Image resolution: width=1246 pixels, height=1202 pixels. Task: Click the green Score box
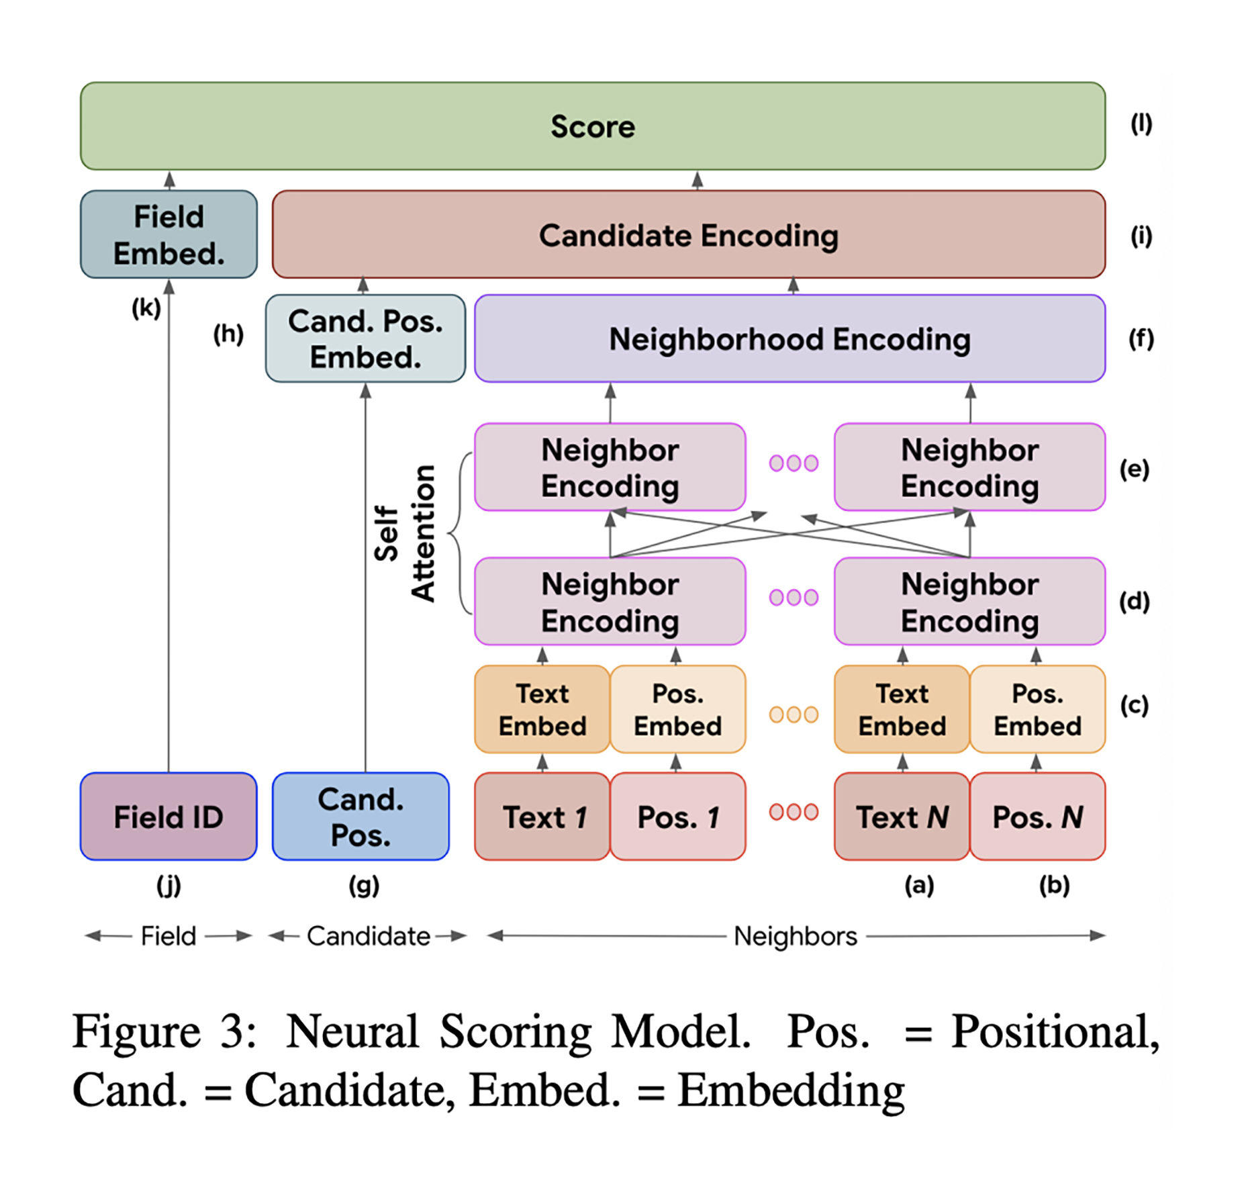click(593, 126)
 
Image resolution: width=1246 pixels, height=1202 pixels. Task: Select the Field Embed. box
click(169, 234)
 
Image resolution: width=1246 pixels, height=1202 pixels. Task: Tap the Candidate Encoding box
click(689, 234)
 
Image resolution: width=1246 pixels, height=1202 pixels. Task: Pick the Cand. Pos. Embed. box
click(365, 338)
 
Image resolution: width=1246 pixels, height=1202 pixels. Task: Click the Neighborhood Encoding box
click(790, 338)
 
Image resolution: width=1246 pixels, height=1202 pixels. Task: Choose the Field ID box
click(169, 817)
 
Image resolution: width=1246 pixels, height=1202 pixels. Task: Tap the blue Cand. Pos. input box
click(361, 817)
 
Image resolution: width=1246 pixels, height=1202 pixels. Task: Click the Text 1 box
click(542, 817)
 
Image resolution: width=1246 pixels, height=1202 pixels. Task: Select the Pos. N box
click(1038, 817)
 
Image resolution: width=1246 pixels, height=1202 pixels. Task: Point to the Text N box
click(902, 817)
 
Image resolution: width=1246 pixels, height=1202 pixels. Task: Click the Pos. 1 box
click(678, 817)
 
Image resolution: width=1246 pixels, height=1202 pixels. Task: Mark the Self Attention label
click(405, 533)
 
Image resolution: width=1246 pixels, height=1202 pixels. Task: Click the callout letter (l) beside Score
click(1141, 124)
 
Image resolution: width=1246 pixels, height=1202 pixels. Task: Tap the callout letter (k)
click(146, 308)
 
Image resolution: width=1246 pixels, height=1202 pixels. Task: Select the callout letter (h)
click(228, 334)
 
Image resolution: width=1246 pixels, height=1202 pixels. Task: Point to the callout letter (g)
click(364, 886)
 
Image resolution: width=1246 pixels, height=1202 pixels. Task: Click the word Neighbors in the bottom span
click(796, 936)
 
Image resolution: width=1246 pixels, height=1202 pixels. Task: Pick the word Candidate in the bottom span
click(369, 936)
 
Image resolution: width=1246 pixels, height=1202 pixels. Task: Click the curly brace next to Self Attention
click(460, 533)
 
